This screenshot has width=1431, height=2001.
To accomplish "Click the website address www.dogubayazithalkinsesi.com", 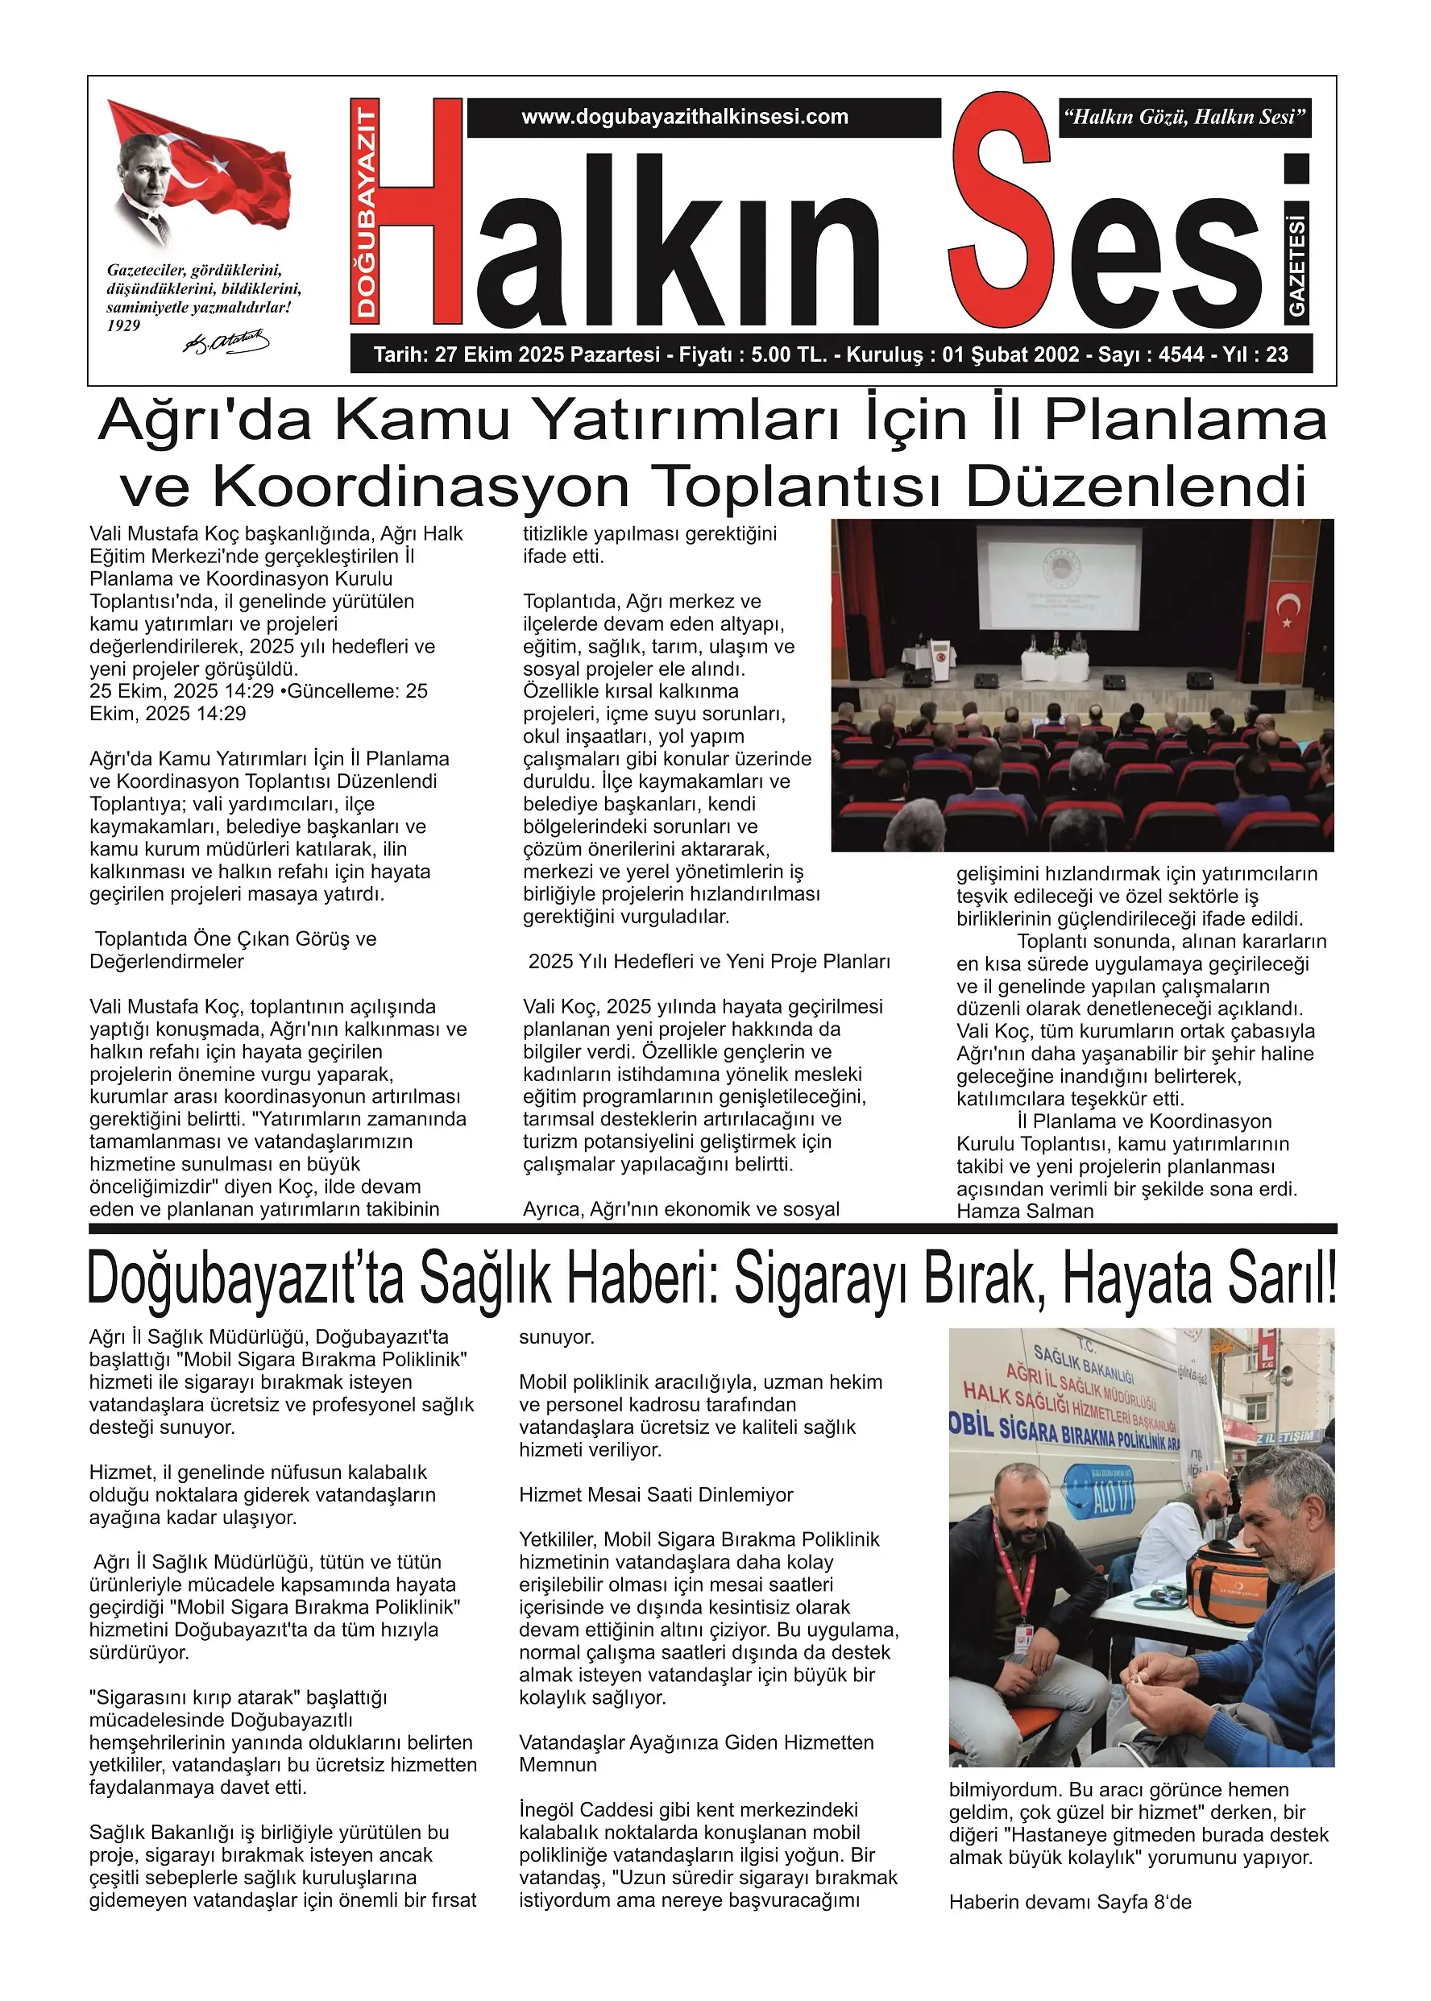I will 685,117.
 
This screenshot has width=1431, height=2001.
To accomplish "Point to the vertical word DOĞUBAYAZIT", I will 366,209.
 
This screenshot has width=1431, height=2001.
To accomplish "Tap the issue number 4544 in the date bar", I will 1183,355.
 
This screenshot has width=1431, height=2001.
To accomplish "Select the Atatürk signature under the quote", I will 226,342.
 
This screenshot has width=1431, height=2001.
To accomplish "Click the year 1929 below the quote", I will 123,326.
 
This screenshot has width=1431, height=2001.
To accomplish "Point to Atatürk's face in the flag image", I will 143,168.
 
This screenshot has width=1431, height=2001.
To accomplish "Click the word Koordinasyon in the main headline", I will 421,487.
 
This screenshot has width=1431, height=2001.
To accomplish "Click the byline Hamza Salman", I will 1025,1211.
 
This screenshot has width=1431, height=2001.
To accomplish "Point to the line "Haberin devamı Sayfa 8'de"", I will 1070,1903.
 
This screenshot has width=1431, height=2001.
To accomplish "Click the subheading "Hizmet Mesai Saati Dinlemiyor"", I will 656,1494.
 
